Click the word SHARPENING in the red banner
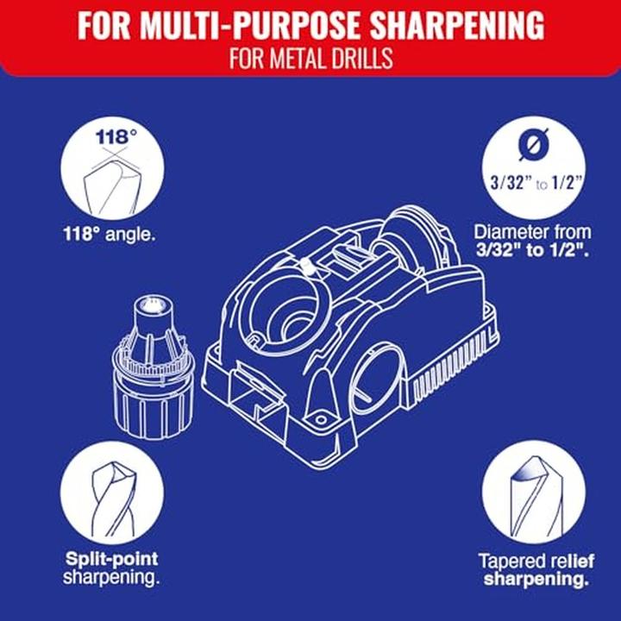point(456,25)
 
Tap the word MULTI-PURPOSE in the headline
point(248,25)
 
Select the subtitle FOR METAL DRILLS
point(310,59)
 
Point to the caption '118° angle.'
point(109,235)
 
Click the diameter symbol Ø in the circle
point(534,144)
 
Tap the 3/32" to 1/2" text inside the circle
point(537,184)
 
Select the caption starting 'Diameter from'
point(533,241)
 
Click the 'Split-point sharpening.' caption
point(111,568)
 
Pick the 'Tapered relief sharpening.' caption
point(536,570)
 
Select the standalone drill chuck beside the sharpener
point(153,367)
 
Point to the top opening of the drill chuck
point(154,305)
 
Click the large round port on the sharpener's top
point(282,308)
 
